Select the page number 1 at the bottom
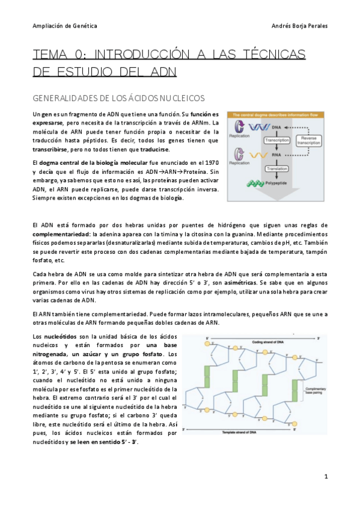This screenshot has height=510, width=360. pos(326,477)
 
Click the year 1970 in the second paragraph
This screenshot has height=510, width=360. pos(210,163)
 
